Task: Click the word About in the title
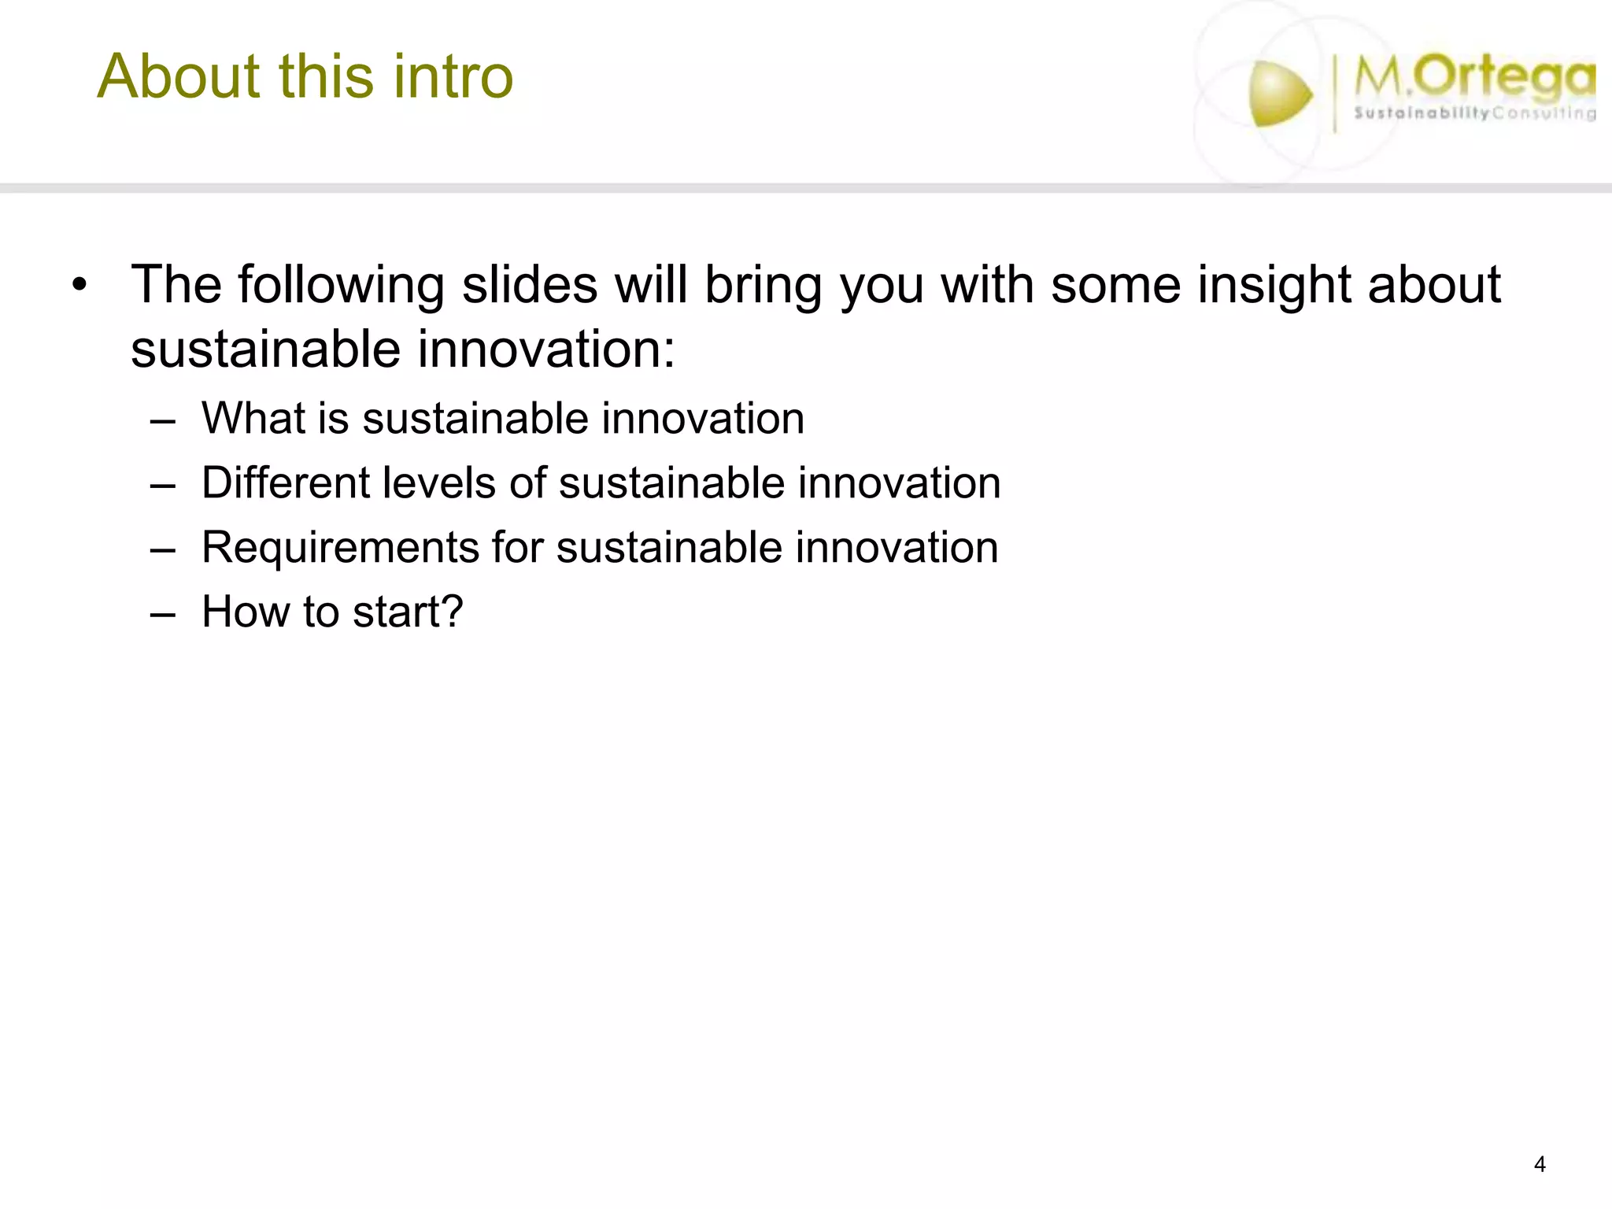tap(178, 76)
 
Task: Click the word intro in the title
tap(453, 76)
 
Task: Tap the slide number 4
tap(1540, 1164)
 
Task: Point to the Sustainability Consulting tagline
tap(1473, 113)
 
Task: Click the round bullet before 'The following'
tap(78, 285)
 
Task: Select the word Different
tap(285, 482)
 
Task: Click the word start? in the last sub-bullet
tap(408, 612)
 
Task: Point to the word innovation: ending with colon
tap(546, 349)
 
